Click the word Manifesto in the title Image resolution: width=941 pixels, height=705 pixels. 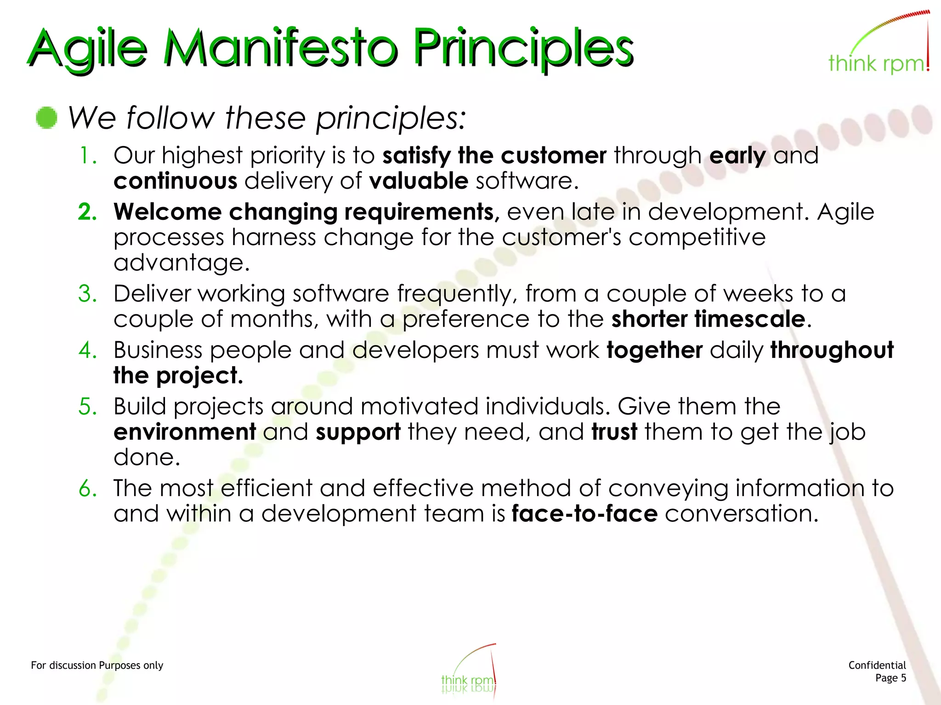[280, 48]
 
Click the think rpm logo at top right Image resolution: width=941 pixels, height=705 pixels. [879, 46]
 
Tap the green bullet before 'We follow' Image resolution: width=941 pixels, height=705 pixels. [46, 118]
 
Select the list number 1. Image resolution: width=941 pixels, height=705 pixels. [87, 156]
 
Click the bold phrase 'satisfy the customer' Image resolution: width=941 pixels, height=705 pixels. [494, 156]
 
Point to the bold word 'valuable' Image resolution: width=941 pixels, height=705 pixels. [419, 181]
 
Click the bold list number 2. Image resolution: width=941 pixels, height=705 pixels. [87, 212]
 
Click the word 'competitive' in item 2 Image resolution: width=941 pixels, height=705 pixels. [697, 237]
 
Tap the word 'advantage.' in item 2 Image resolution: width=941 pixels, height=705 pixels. [181, 263]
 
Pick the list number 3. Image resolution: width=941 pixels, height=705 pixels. [87, 294]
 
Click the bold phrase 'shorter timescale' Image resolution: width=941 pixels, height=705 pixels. [708, 319]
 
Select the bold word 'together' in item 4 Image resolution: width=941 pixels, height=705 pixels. [654, 350]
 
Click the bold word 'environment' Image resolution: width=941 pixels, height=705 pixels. [185, 432]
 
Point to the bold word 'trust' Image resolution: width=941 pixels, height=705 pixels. [614, 432]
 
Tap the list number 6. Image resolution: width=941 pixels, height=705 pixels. [87, 488]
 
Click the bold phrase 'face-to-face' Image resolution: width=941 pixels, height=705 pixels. [584, 514]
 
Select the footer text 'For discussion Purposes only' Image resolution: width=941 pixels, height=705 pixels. [97, 666]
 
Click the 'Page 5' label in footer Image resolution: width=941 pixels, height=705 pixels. [890, 678]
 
